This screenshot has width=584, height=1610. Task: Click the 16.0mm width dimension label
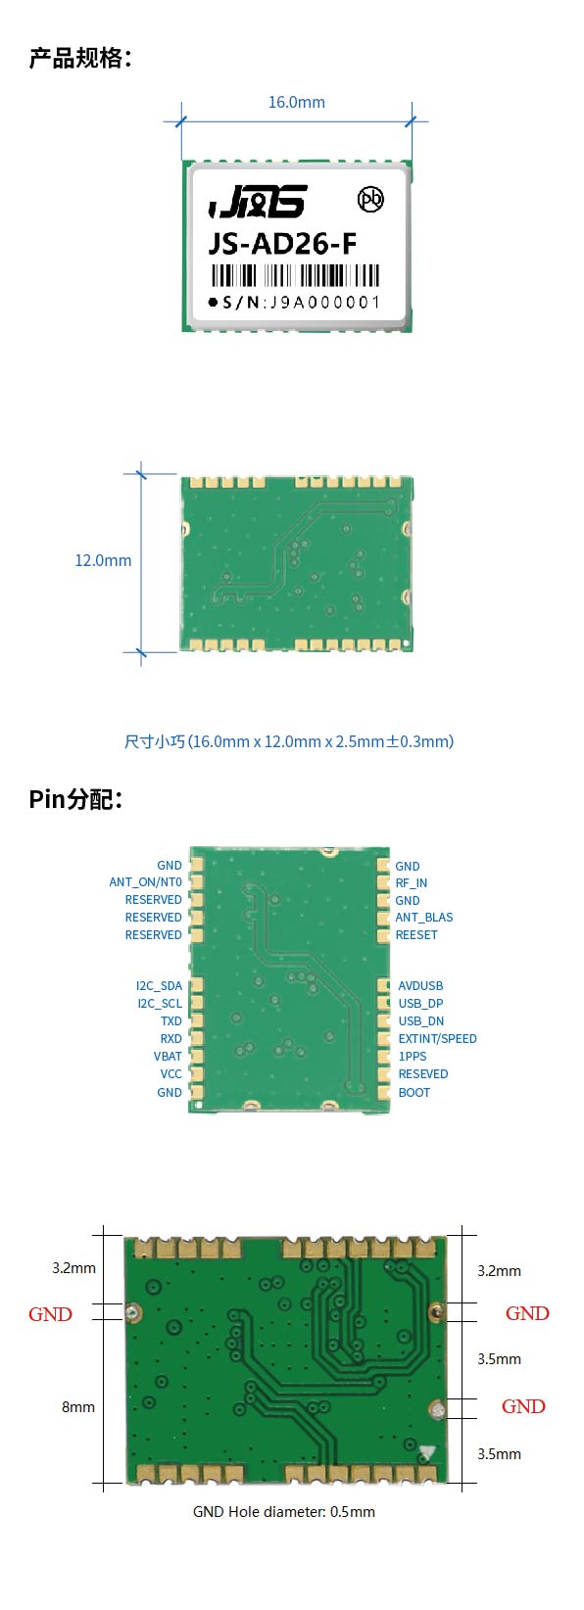[296, 102]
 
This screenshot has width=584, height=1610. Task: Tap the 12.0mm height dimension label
[103, 560]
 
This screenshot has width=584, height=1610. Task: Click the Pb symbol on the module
[371, 200]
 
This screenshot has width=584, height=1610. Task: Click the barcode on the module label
[295, 276]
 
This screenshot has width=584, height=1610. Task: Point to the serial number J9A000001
[324, 303]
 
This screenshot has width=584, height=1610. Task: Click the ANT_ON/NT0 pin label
[145, 882]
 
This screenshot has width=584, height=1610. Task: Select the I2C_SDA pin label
[159, 986]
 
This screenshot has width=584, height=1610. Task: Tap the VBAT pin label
[168, 1057]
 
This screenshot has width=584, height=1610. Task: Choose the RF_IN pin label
[412, 882]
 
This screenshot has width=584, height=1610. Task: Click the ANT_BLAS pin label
[424, 917]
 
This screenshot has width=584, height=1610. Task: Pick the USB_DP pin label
[420, 1004]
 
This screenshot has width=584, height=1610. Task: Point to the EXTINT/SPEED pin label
[437, 1039]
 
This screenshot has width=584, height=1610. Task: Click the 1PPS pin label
[413, 1057]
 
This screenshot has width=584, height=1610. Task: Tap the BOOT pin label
[414, 1093]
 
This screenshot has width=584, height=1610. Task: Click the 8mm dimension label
[78, 1407]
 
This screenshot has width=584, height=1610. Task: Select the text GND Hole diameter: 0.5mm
[284, 1512]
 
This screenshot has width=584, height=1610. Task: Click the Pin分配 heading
[75, 799]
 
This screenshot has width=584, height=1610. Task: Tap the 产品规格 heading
[80, 58]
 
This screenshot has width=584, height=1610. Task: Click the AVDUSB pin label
[420, 986]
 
